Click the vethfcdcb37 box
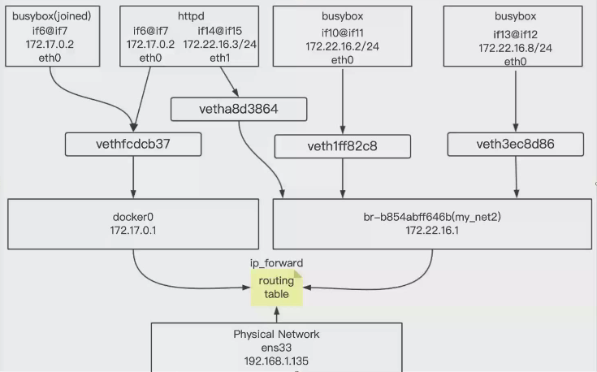point(133,145)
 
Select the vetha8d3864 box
point(239,109)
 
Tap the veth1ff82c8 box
point(342,146)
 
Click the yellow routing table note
point(276,288)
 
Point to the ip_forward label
point(276,264)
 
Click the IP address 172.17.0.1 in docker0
point(132,231)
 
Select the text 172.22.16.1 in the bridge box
point(432,231)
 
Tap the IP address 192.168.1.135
point(276,361)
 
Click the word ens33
point(276,348)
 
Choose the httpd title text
point(191,16)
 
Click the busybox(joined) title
point(51,16)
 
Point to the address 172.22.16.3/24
point(220,45)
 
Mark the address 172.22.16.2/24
point(342,46)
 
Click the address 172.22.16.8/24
point(516,48)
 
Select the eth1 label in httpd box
point(220,58)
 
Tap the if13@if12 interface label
point(516,34)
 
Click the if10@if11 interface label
point(342,32)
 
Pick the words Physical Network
point(276,334)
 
